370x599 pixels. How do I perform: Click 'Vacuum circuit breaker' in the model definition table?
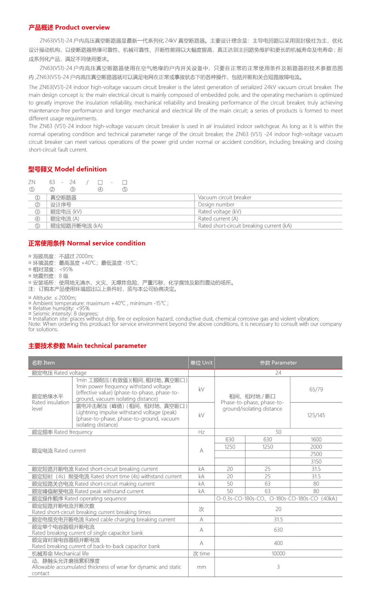225,197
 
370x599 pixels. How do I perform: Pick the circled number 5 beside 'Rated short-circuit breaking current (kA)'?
37,226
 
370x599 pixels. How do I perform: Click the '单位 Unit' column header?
201,363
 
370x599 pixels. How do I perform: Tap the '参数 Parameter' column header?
278,363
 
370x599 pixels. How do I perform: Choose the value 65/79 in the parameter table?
316,389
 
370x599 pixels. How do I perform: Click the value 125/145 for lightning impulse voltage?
316,415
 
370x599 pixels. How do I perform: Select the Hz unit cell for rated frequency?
201,432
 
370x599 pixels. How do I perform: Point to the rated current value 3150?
316,461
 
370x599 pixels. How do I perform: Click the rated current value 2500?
316,454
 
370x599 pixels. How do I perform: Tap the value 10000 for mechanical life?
278,553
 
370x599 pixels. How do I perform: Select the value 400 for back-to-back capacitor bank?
278,543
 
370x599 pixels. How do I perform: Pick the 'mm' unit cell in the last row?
201,567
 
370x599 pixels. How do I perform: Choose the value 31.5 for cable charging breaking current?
278,519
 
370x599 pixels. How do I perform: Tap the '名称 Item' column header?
44,363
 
